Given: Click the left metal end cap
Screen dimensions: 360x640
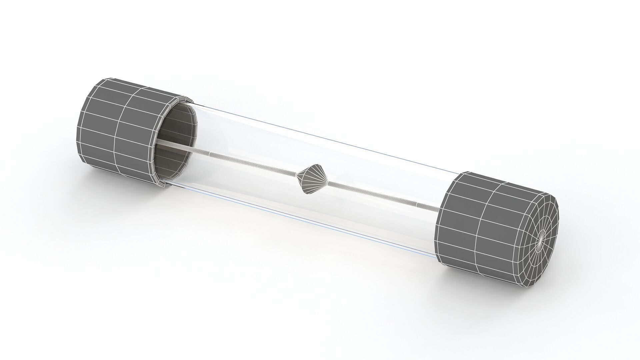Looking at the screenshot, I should [120, 130].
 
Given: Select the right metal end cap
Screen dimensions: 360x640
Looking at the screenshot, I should [493, 230].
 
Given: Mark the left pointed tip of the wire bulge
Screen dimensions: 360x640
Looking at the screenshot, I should [298, 174].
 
